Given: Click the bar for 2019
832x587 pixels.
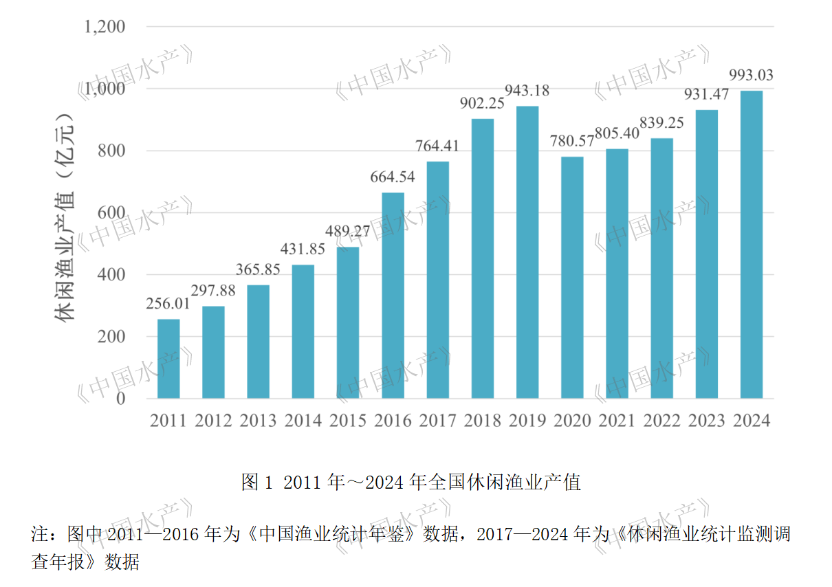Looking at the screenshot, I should [x=527, y=252].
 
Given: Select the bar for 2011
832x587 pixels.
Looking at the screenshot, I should [x=168, y=359].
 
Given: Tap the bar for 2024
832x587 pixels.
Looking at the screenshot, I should [x=752, y=245].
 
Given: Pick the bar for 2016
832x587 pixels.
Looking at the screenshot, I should [x=393, y=296].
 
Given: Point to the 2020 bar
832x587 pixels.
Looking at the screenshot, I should [x=572, y=278].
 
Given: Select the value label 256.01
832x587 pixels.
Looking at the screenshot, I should [x=168, y=304].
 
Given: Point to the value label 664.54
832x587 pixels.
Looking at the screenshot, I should [x=393, y=177].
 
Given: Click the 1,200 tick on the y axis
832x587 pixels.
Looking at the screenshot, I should [x=105, y=27].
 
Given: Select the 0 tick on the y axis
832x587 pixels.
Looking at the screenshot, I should [x=120, y=399].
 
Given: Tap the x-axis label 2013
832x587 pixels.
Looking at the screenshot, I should [x=258, y=421].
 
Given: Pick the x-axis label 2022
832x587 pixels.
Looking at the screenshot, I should [x=662, y=421].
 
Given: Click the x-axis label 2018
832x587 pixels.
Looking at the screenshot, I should [x=483, y=421].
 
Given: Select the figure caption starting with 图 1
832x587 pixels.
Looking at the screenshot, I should [x=410, y=482].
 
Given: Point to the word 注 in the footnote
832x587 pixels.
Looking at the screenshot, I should [x=39, y=534].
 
